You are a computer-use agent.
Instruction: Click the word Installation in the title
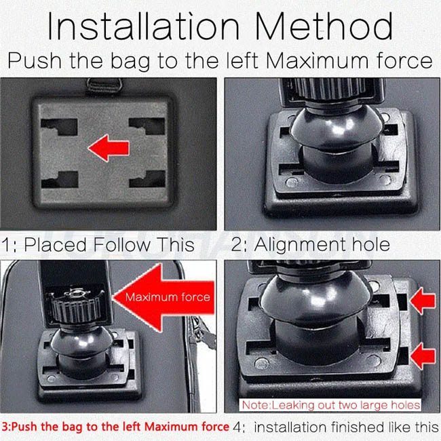(143, 26)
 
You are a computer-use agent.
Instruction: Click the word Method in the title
(324, 26)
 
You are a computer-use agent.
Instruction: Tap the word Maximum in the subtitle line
(317, 60)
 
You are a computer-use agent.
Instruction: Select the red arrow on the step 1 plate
(109, 148)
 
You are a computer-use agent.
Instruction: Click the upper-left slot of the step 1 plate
(59, 127)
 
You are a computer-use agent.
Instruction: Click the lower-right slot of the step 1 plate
(147, 179)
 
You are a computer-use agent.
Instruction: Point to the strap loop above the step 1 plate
(104, 85)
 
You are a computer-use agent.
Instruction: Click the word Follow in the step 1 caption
(121, 244)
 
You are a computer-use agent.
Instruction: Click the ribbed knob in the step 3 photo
(76, 307)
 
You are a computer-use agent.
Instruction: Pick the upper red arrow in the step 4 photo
(423, 301)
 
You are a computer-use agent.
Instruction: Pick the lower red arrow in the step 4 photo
(423, 356)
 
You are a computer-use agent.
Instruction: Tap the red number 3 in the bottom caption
(5, 427)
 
